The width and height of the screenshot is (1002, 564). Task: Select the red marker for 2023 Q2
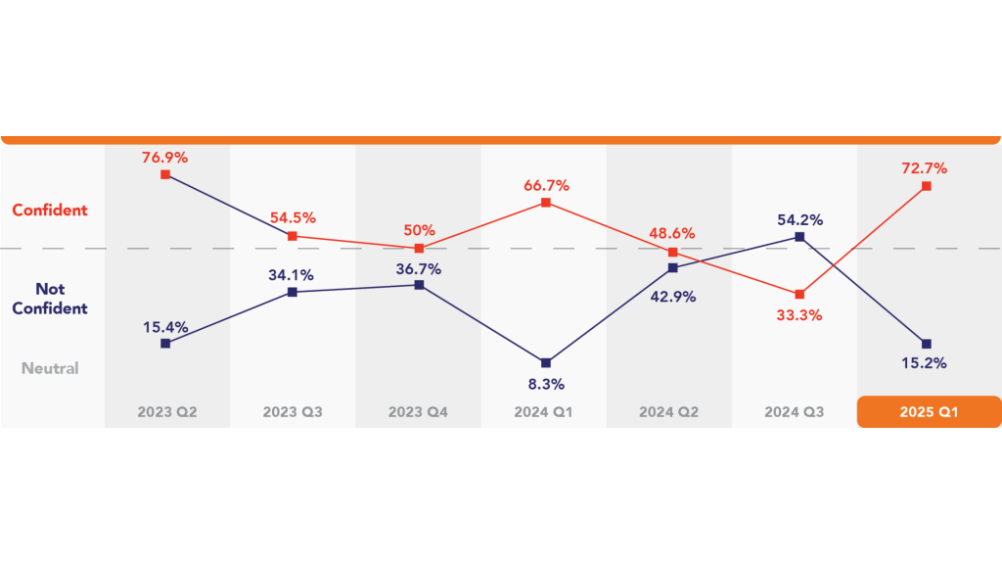165,174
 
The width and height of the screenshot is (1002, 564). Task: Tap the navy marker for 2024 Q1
546,363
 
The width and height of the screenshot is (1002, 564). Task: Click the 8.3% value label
546,384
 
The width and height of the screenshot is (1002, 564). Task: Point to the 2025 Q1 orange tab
928,412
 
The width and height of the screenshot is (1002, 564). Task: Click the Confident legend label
50,210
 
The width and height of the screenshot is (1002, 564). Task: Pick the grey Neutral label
50,368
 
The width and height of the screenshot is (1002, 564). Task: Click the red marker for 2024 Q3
799,294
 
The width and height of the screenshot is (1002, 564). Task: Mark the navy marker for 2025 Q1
926,343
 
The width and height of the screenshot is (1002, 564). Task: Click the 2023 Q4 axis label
419,412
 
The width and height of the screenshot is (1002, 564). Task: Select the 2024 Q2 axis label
671,412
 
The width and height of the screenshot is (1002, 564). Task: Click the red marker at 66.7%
546,203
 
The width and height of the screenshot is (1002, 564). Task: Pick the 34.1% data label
292,273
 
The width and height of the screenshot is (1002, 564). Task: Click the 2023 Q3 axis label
292,412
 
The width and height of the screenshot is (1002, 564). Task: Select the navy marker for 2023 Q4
419,285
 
